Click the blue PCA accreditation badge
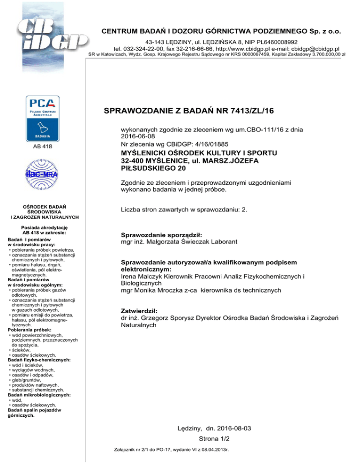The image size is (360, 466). click(x=43, y=119)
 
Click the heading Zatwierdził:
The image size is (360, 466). click(x=140, y=311)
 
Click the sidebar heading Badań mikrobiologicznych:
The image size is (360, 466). click(x=39, y=395)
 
